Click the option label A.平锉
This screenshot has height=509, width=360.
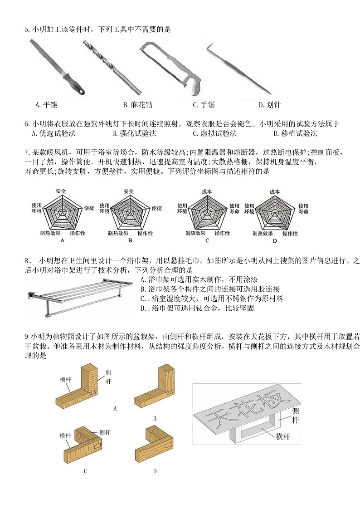46,105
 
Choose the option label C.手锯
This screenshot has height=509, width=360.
204,105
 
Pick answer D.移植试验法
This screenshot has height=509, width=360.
296,133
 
